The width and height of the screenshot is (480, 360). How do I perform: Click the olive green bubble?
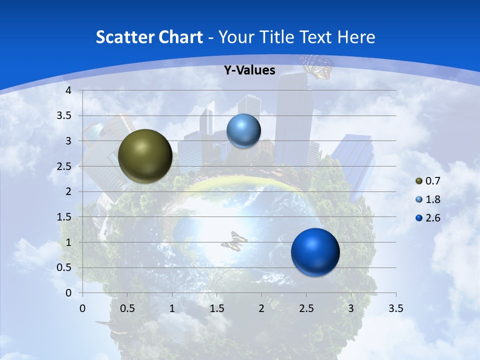point(145,156)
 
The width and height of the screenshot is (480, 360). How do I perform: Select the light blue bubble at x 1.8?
point(243,131)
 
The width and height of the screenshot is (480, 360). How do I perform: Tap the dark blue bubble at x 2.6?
point(315,252)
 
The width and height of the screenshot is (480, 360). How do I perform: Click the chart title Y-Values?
point(249,70)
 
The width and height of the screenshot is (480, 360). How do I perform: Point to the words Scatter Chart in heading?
point(149,37)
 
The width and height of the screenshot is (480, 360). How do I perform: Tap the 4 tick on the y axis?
point(68,90)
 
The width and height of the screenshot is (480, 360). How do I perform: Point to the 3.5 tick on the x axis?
point(395,308)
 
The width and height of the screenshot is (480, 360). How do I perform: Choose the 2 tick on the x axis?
point(261,308)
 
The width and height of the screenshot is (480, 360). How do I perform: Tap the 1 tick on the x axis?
point(172,308)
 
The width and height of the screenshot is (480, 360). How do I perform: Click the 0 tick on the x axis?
point(82,308)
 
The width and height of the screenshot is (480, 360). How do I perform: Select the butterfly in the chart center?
point(234,241)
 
